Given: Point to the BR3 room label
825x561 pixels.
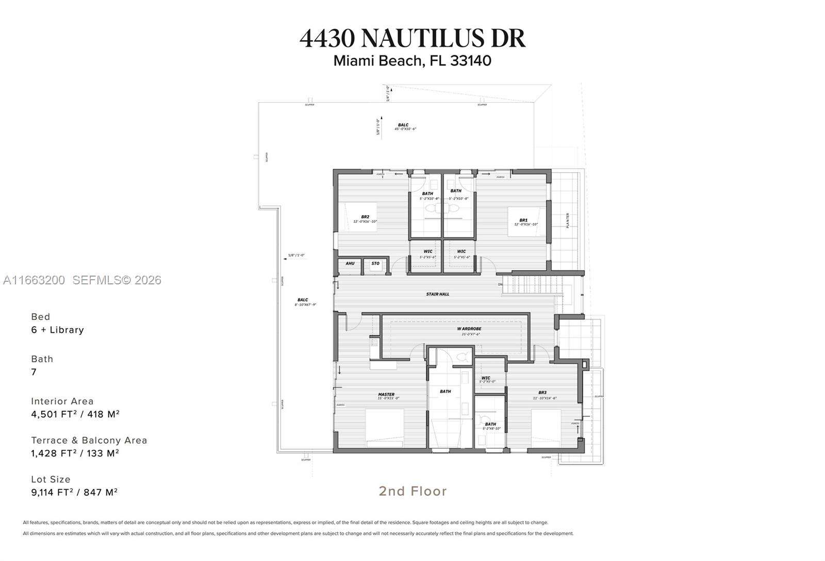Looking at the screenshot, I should (542, 395).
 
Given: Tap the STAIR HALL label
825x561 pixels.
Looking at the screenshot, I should (437, 294).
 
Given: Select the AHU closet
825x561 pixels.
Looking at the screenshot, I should (350, 264).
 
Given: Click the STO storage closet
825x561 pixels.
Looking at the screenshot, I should (375, 264).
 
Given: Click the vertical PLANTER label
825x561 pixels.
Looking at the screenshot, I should (568, 220).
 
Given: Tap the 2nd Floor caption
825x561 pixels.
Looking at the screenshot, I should (412, 491).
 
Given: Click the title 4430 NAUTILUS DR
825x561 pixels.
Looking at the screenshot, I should (412, 38).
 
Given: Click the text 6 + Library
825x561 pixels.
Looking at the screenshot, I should (57, 330).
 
